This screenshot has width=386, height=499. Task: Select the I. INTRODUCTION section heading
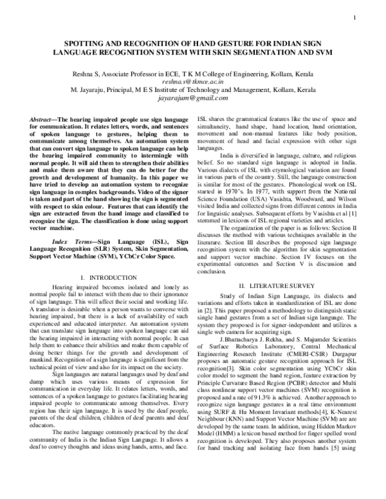108,259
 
